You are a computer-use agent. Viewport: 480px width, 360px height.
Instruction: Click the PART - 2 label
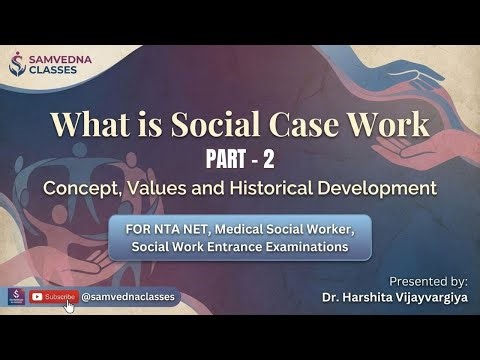[x=241, y=158]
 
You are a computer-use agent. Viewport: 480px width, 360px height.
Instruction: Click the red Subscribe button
[x=53, y=297]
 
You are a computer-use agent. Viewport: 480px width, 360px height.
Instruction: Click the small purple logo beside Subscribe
[x=15, y=297]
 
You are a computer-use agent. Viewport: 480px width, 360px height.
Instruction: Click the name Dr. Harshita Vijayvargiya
[x=395, y=297]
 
